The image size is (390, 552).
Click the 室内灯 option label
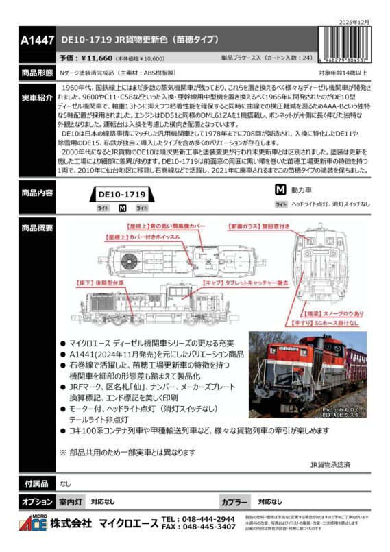click(x=71, y=501)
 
